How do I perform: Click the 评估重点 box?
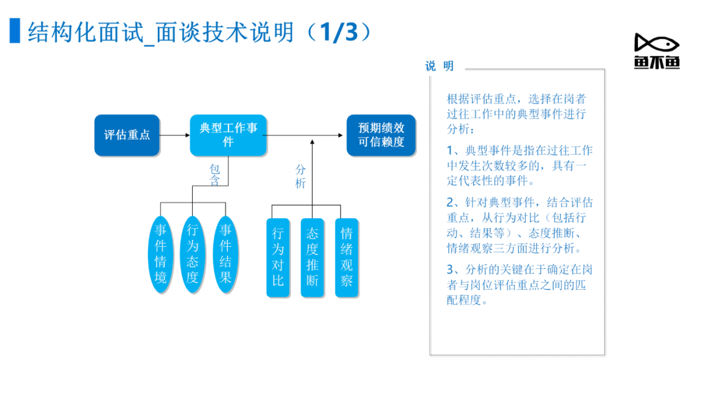[x=127, y=135]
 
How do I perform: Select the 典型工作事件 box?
[x=228, y=135]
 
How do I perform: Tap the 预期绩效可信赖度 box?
[x=381, y=135]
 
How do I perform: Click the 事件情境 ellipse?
[x=160, y=254]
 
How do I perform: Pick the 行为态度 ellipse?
[x=192, y=254]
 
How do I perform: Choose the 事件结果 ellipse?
[x=225, y=254]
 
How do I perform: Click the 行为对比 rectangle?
[x=278, y=258]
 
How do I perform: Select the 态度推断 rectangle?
[x=312, y=258]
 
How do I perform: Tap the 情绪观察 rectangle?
[x=347, y=258]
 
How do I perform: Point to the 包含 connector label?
[x=215, y=175]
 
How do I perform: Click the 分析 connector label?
[x=301, y=176]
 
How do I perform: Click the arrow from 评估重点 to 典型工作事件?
[x=175, y=135]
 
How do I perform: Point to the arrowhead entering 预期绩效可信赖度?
[x=341, y=135]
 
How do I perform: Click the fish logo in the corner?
[x=657, y=51]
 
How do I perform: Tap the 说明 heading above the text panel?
[x=439, y=66]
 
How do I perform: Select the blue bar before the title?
[x=15, y=31]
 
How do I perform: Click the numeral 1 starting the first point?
[x=450, y=150]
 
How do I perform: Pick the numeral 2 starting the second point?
[x=450, y=202]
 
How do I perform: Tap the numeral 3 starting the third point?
[x=450, y=270]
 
